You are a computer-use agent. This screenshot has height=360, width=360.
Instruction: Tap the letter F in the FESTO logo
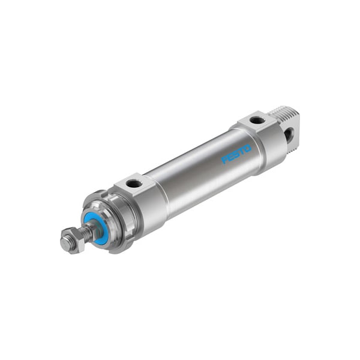(225, 160)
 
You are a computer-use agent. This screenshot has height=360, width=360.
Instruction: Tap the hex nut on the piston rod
(70, 241)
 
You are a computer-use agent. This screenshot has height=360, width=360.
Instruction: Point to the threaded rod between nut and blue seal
(86, 232)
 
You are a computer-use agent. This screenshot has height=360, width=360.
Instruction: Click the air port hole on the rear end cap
(257, 120)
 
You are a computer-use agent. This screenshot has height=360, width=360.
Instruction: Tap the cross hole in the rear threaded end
(289, 136)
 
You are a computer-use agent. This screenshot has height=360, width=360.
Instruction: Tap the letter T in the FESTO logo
(243, 149)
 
